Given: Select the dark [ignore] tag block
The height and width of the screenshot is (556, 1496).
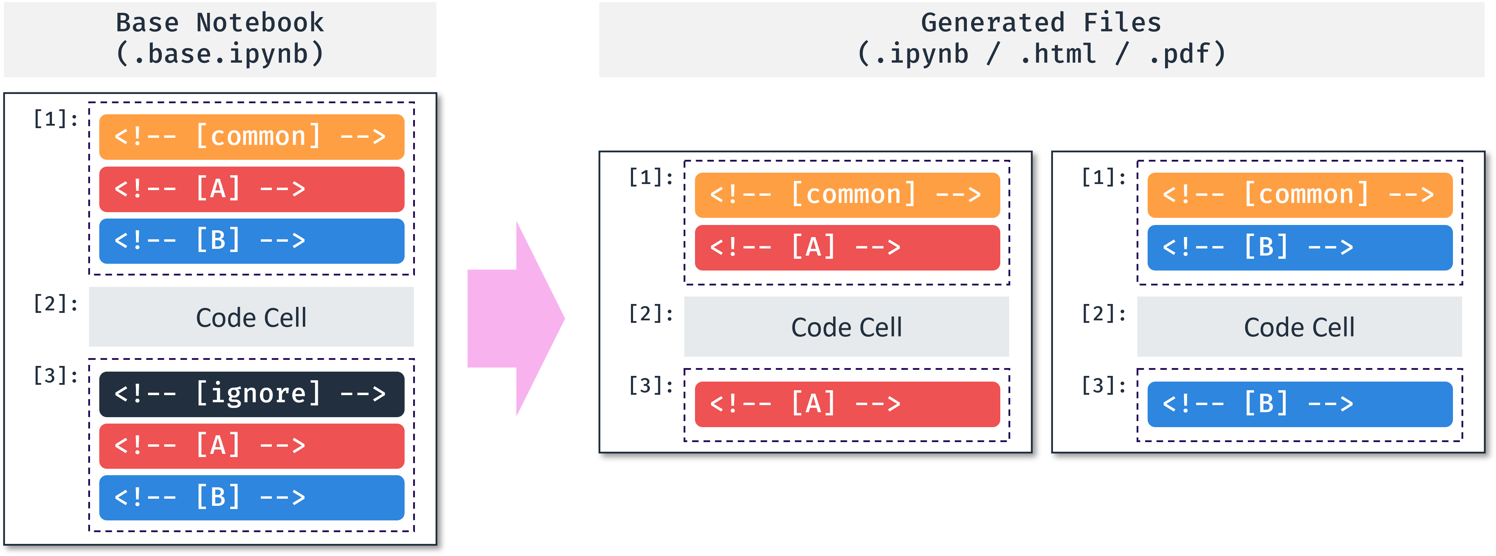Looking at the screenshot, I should click(x=252, y=394).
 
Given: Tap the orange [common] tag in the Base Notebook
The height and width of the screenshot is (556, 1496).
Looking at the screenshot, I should click(x=252, y=137).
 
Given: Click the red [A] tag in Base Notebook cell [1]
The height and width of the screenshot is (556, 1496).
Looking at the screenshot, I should click(x=252, y=189).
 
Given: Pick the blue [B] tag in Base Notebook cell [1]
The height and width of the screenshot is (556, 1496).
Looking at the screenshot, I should click(x=252, y=241).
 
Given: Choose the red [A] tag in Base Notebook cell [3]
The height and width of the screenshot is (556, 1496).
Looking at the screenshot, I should click(x=252, y=446).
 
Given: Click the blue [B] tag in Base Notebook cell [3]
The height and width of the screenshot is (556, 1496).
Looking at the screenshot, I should click(x=252, y=497).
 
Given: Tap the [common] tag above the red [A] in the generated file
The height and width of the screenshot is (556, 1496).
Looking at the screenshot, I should click(x=847, y=195).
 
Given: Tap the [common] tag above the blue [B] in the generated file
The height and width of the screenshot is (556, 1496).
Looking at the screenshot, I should click(x=1300, y=195).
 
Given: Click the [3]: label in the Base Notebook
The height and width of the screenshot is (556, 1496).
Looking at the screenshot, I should click(x=55, y=375).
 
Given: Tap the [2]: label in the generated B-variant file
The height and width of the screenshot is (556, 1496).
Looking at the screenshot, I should click(x=1103, y=314).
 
